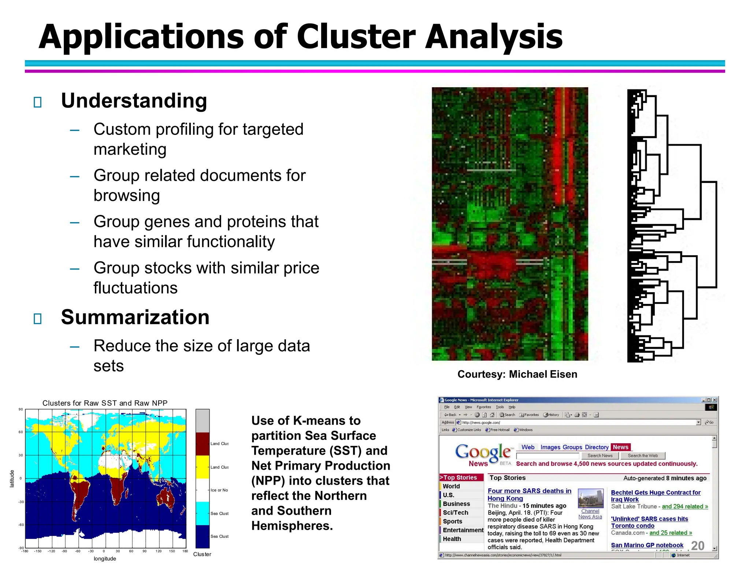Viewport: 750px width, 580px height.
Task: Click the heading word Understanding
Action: point(134,101)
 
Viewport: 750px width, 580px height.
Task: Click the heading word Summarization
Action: point(135,317)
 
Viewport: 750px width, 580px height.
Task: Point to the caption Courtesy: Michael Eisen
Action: point(517,374)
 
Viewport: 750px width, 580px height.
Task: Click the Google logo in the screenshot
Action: point(483,452)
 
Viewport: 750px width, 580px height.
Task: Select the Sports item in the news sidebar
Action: point(452,521)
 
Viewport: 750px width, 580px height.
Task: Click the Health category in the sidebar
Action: point(452,539)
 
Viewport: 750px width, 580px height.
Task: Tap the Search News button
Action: point(599,456)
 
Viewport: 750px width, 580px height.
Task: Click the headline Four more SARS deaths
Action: point(529,491)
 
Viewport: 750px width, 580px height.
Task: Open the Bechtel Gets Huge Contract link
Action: point(656,493)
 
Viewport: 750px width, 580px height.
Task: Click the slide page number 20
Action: point(698,546)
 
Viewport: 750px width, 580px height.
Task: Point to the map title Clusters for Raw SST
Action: point(105,403)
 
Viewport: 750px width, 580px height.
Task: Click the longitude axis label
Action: point(105,559)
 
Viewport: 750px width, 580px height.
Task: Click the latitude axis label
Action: point(12,478)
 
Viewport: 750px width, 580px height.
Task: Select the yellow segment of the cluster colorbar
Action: point(202,467)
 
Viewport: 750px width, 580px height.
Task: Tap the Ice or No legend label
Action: point(219,490)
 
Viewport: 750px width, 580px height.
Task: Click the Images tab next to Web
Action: point(550,447)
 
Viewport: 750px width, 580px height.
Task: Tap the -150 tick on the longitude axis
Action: point(38,551)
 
